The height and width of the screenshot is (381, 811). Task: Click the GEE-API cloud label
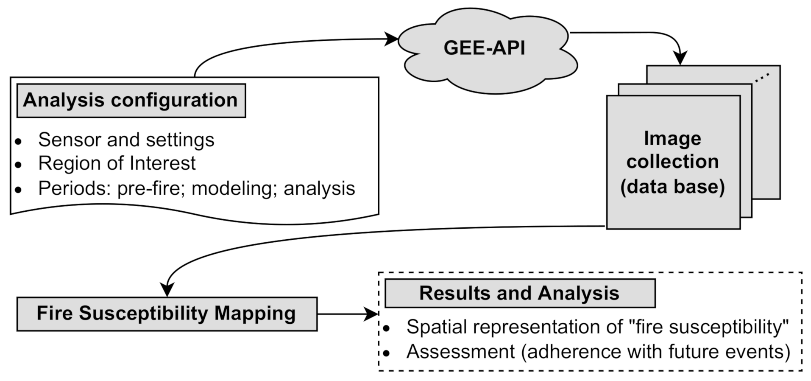[484, 48]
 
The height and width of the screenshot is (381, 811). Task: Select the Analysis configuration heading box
[131, 101]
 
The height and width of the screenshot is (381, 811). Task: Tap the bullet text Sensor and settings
[126, 140]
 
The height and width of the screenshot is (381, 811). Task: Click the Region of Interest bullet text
[117, 163]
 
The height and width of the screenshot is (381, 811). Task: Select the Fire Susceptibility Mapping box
[166, 314]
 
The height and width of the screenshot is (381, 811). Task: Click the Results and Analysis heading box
[519, 293]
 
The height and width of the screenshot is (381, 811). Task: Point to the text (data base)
[672, 187]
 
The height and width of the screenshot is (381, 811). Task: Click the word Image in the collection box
[672, 138]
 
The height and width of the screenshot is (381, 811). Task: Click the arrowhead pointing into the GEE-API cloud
[392, 39]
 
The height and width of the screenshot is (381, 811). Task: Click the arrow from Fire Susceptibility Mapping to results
[348, 314]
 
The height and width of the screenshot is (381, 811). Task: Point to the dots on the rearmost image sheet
[762, 77]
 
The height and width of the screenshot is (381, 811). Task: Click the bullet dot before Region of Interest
[18, 165]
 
